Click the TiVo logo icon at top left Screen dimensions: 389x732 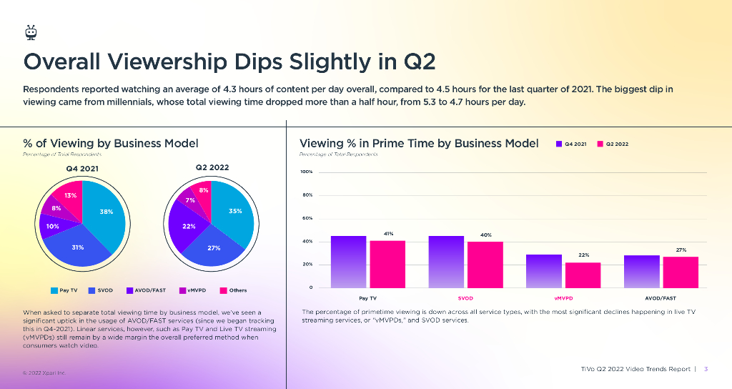30,32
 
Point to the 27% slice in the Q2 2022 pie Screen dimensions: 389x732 214,247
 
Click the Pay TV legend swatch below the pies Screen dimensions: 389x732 54,290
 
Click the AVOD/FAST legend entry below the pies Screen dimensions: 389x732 146,290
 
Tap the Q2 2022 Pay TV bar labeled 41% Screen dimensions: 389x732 387,264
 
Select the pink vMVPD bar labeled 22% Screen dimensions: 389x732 583,275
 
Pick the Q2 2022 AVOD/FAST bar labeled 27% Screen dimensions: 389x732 681,272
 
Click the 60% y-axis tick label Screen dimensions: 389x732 306,218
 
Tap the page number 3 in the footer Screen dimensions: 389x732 706,369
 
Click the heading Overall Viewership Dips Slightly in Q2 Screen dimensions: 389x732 229,61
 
